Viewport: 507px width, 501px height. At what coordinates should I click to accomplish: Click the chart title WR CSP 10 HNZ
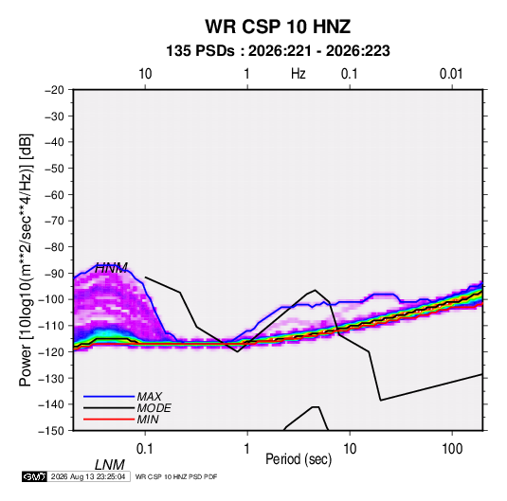[278, 27]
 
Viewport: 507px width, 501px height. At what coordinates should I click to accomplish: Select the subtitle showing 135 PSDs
[278, 51]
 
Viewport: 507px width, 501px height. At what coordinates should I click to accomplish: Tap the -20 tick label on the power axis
[54, 90]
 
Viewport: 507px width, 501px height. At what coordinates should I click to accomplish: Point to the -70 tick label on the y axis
[54, 221]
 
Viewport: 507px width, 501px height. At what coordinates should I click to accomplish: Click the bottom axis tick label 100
[452, 449]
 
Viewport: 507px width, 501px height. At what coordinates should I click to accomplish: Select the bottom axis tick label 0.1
[144, 449]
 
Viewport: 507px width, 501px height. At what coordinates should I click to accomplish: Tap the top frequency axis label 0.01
[451, 74]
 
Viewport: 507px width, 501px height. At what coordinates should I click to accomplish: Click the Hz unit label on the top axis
[299, 74]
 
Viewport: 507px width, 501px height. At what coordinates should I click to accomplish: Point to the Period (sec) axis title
[299, 459]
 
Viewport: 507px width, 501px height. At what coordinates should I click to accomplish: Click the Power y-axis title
[26, 259]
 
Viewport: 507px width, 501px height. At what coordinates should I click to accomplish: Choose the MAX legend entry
[149, 396]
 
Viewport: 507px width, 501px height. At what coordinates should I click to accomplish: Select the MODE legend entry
[154, 408]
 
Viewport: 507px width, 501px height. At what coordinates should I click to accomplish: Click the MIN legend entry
[148, 420]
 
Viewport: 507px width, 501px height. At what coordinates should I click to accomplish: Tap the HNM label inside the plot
[111, 268]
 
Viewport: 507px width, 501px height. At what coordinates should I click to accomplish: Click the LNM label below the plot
[110, 465]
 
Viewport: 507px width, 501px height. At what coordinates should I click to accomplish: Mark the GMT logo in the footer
[34, 476]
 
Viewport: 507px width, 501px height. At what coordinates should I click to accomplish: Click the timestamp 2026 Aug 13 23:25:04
[88, 476]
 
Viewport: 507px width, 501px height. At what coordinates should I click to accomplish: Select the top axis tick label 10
[145, 74]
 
